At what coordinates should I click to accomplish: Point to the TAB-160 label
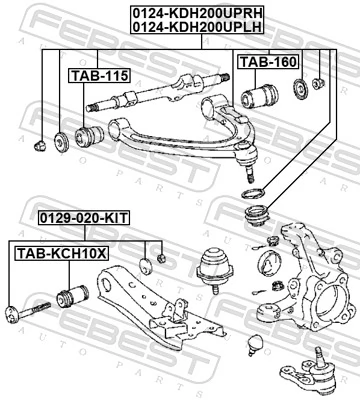coord(267,63)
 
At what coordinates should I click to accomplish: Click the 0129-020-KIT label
coord(84,216)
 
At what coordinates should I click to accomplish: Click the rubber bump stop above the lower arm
coord(213,268)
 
